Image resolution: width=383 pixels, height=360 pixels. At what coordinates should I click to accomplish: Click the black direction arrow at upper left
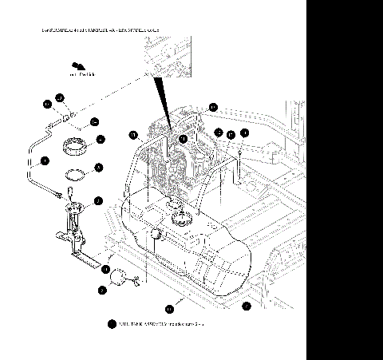pyautogui.click(x=77, y=66)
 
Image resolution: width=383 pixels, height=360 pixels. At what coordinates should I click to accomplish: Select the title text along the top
pyautogui.click(x=101, y=30)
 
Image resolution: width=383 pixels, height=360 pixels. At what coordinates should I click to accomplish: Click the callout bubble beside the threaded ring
pyautogui.click(x=101, y=139)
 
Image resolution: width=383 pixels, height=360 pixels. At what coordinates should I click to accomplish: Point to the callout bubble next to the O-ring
pyautogui.click(x=98, y=167)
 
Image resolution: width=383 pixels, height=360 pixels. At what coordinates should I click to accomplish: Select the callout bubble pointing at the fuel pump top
pyautogui.click(x=98, y=200)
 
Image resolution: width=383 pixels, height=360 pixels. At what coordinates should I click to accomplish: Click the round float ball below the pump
pyautogui.click(x=120, y=277)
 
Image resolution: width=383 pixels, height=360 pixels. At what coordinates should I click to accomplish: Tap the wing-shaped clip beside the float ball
pyautogui.click(x=136, y=279)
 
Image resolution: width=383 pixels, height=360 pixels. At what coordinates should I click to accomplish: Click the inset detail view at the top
pyautogui.click(x=168, y=55)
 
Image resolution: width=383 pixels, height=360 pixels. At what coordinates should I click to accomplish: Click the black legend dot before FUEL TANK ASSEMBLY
pyautogui.click(x=111, y=324)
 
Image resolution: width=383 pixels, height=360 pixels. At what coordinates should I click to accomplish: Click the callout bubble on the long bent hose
pyautogui.click(x=45, y=160)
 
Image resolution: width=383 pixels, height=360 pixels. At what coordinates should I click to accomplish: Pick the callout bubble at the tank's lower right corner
pyautogui.click(x=247, y=305)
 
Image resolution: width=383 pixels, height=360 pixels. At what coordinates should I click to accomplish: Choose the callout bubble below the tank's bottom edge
pyautogui.click(x=169, y=307)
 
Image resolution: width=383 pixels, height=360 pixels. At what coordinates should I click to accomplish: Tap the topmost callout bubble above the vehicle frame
pyautogui.click(x=213, y=106)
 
